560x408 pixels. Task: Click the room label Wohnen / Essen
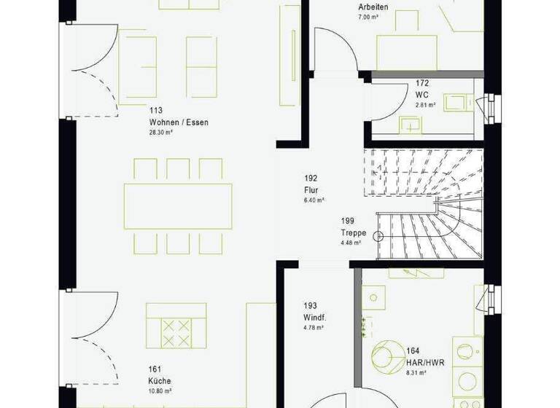179,122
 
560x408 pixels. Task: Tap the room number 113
155,111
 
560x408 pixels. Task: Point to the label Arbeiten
373,7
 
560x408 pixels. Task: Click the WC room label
421,94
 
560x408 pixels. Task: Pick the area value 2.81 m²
426,105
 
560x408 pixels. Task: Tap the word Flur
311,189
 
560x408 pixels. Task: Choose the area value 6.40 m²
314,200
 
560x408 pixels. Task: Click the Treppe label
352,233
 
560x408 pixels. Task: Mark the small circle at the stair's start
378,235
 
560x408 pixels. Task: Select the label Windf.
314,318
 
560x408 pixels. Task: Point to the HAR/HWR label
424,361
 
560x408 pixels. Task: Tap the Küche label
159,380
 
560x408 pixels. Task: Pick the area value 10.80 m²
160,391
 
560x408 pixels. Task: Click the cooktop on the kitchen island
175,333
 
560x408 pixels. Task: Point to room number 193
311,307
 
